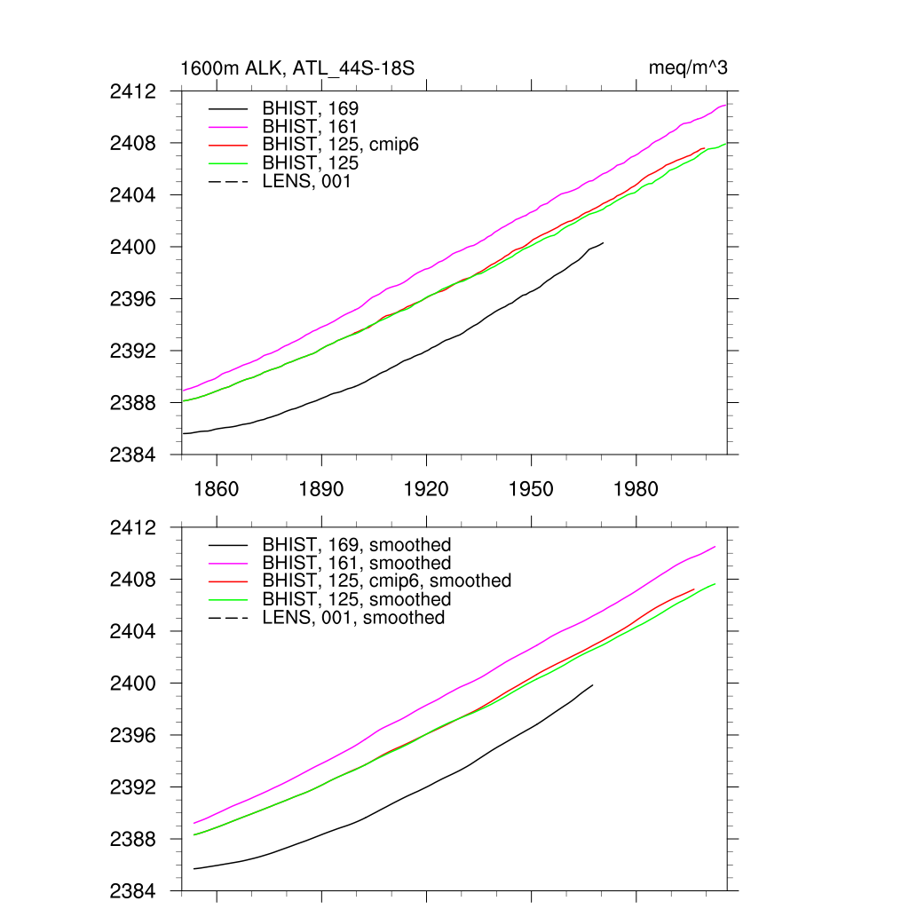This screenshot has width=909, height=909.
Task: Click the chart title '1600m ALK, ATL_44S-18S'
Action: [298, 68]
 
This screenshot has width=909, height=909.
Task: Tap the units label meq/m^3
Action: [689, 68]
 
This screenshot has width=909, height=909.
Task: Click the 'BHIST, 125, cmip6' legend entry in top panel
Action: [340, 146]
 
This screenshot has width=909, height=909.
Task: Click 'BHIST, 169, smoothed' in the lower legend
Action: [356, 544]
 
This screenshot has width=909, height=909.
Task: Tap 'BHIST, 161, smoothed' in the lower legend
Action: [356, 563]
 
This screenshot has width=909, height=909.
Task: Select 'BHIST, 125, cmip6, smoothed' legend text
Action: [386, 581]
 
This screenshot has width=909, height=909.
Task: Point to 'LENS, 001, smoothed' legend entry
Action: [353, 617]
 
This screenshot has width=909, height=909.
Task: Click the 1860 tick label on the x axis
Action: [217, 489]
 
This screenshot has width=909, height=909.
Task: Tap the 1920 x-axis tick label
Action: [426, 489]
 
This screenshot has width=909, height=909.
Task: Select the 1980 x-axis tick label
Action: [636, 489]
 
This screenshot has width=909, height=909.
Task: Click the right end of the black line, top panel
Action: [603, 242]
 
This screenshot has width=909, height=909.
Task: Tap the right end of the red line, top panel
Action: [704, 148]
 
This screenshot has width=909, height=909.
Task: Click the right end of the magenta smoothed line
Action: [715, 547]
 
